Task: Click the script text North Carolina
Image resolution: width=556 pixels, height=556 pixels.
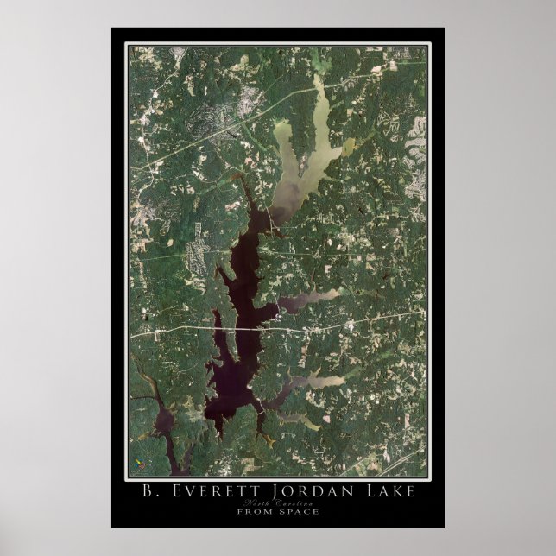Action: [278, 502]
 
